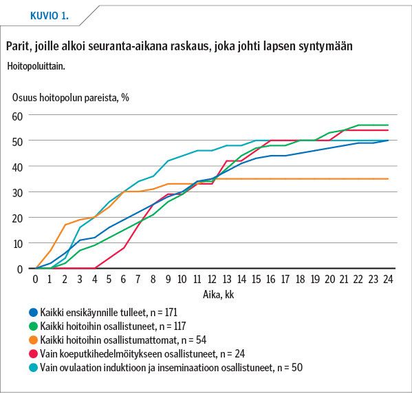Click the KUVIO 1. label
50,16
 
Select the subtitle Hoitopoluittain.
36,66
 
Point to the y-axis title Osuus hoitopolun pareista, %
71,98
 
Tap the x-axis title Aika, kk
218,295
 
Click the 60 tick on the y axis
17,116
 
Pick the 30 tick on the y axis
17,193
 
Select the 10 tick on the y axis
17,244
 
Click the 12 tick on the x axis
212,279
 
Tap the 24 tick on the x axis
388,279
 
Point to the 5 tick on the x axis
109,279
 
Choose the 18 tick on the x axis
300,279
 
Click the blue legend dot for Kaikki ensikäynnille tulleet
33,313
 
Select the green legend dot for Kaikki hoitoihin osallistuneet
33,326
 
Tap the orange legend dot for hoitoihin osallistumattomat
33,340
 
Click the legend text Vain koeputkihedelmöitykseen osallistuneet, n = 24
142,354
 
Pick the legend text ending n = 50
171,367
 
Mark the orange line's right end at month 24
388,179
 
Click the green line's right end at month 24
388,125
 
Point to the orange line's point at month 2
65,225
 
